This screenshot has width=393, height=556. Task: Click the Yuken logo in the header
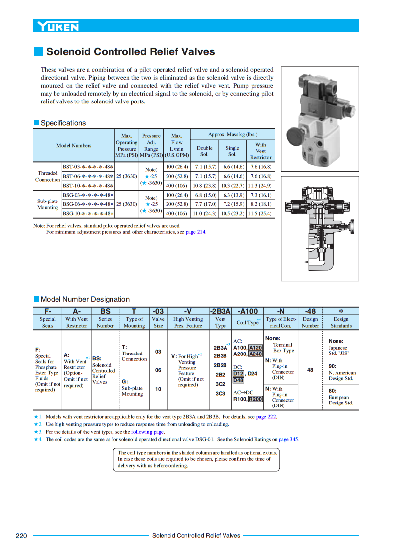click(56, 26)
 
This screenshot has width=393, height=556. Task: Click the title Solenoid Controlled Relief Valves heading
click(130, 52)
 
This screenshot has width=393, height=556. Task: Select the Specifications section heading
click(63, 123)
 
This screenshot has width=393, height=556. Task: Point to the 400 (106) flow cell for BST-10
click(176, 186)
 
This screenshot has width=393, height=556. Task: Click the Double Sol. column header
click(204, 151)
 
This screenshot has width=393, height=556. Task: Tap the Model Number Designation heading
click(85, 299)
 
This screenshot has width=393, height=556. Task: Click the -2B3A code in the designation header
click(220, 311)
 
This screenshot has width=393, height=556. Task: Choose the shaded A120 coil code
click(255, 348)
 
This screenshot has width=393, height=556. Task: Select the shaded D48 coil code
click(238, 380)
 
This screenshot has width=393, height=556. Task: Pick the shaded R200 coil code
click(255, 399)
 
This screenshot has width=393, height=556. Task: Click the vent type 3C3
click(220, 393)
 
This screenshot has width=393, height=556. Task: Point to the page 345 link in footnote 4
click(288, 439)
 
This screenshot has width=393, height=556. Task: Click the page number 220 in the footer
click(21, 535)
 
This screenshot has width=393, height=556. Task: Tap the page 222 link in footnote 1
click(266, 417)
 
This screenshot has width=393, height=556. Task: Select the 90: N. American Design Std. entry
click(342, 372)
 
